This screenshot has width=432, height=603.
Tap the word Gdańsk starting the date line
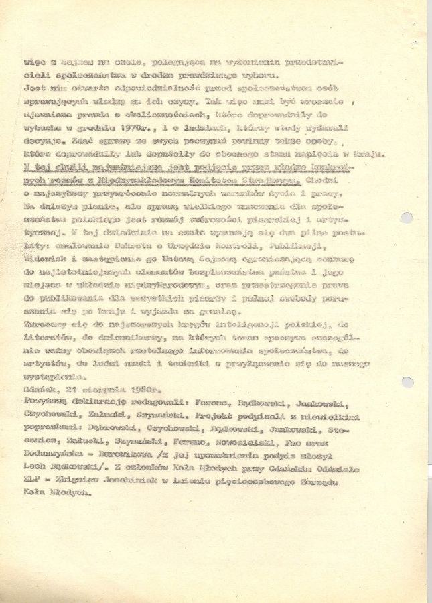pyautogui.click(x=38, y=390)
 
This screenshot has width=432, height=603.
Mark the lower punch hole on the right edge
pyautogui.click(x=407, y=382)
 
